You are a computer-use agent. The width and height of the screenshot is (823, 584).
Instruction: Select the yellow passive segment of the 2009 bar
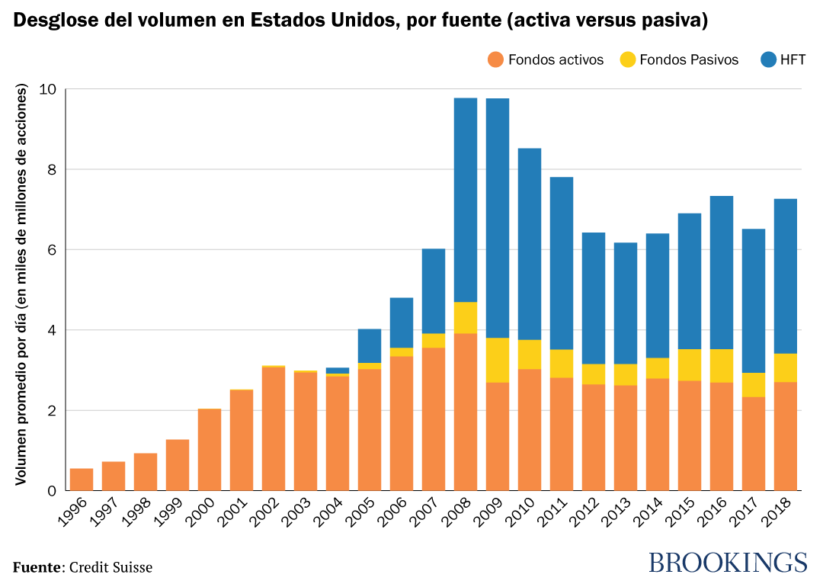click(497, 360)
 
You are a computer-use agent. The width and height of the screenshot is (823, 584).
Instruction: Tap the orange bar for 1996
click(82, 480)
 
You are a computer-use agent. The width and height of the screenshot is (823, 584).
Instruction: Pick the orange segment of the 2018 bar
click(785, 436)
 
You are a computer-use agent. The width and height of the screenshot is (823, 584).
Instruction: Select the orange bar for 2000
click(210, 450)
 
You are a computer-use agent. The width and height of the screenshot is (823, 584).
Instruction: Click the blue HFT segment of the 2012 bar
click(593, 298)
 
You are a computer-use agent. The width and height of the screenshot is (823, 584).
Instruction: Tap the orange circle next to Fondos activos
click(496, 59)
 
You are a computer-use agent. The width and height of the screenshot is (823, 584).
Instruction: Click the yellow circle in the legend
click(627, 59)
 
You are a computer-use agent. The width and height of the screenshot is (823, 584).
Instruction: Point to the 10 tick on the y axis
click(48, 89)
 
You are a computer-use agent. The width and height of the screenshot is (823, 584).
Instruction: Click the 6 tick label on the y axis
click(52, 250)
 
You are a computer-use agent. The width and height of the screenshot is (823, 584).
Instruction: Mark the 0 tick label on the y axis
click(52, 491)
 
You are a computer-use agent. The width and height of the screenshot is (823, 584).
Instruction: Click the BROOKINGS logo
click(727, 563)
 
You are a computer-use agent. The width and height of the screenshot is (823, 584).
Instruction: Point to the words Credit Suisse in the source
click(111, 567)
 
